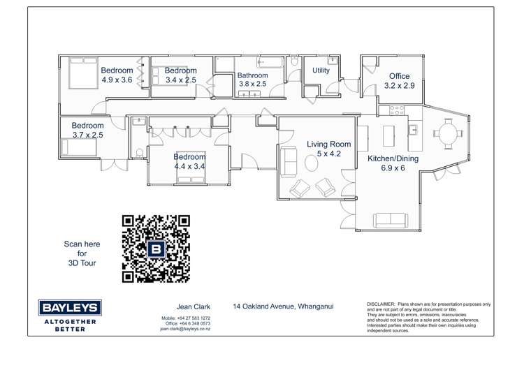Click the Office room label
coord(400,81)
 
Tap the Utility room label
coord(321,71)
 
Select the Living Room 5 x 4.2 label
coord(328,149)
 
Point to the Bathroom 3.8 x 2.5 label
coord(252,80)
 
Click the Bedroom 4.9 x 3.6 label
coord(117,75)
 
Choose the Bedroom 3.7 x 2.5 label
coord(87,131)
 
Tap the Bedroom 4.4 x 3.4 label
coord(189,162)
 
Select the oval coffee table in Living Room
coord(310,163)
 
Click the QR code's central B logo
coord(156,249)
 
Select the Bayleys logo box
coord(70,308)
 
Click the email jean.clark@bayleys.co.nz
coord(185,329)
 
